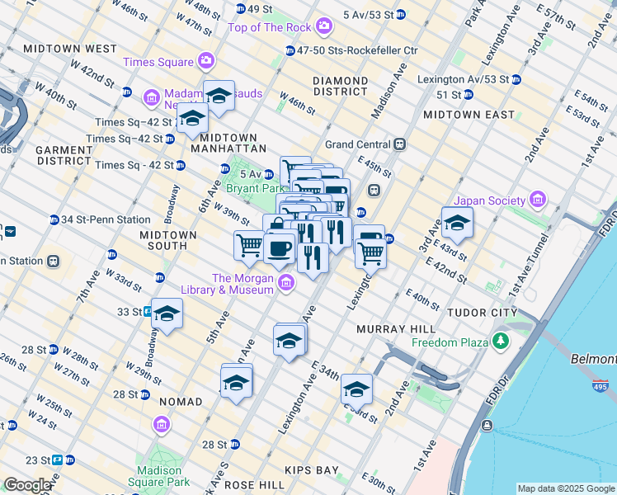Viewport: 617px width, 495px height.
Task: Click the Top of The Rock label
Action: [270, 27]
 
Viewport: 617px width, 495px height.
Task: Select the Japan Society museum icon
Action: [538, 200]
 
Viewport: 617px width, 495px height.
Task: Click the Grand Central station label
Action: [359, 144]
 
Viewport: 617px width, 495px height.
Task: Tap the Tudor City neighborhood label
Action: [482, 313]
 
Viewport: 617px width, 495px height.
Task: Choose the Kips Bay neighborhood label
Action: [312, 470]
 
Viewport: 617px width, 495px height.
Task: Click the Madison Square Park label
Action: [154, 477]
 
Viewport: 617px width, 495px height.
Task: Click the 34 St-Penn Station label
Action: [106, 219]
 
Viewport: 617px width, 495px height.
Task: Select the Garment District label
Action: [64, 155]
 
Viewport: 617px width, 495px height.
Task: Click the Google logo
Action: [26, 485]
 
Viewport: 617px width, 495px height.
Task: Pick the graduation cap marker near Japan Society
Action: [456, 223]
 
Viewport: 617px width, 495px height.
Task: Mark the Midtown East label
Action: [469, 115]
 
